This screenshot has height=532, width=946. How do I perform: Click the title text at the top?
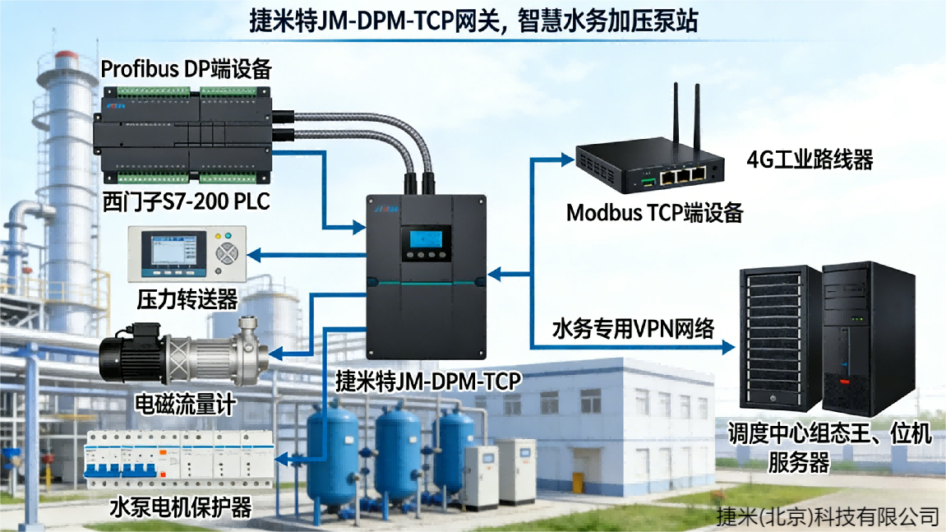[473, 21]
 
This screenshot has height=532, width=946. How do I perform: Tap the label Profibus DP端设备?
[186, 69]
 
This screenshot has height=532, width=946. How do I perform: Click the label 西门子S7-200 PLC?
[186, 201]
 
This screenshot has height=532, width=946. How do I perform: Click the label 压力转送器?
[187, 297]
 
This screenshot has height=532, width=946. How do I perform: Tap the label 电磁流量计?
[185, 404]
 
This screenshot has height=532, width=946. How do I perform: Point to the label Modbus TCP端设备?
[654, 213]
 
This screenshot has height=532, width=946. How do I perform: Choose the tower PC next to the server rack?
[868, 337]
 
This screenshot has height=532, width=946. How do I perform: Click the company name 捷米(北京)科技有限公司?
[827, 516]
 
